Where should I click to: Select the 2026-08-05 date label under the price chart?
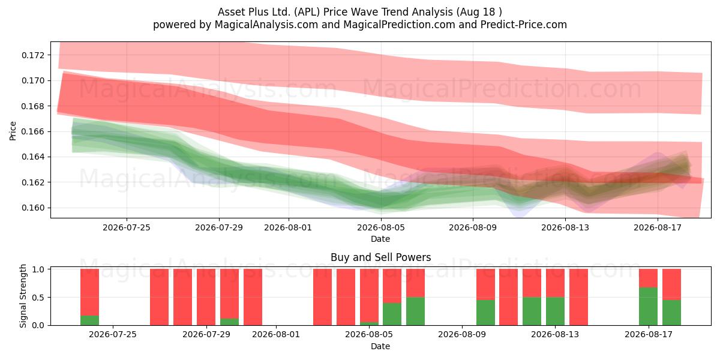(381, 227)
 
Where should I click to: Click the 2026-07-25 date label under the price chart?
(127, 227)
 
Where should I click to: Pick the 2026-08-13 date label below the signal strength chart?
(555, 335)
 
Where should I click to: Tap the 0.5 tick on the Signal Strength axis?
(38, 298)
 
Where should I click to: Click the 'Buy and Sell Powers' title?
(380, 257)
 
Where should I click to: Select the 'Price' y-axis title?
(13, 131)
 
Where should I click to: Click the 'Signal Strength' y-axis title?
(23, 296)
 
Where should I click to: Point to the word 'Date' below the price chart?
(380, 239)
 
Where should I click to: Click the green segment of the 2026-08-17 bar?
(648, 307)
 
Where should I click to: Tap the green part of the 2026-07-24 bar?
(89, 320)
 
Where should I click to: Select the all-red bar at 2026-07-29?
(206, 297)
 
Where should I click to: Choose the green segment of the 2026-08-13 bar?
(555, 311)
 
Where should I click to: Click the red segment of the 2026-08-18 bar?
(671, 284)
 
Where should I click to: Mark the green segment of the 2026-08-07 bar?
(415, 311)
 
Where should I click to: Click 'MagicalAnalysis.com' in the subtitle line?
(266, 25)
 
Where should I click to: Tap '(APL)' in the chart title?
(307, 12)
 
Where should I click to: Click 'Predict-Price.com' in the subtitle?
(524, 25)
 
